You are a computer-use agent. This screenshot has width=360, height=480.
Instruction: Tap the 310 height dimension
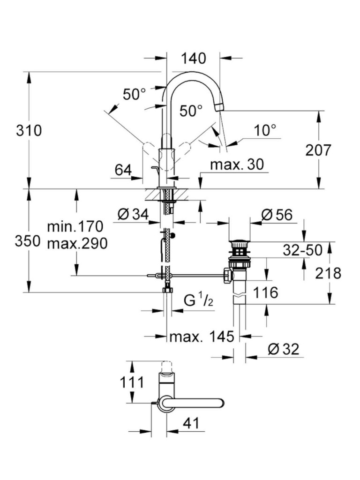[x=29, y=130]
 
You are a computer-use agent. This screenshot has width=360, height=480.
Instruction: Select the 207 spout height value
[x=318, y=150]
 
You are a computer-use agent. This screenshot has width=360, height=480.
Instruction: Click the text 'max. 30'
[x=237, y=164]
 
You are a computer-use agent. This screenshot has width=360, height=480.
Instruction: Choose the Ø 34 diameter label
[x=133, y=215]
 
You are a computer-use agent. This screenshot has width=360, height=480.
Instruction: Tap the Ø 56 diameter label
[x=277, y=215]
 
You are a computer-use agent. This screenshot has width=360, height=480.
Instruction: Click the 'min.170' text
[x=75, y=227]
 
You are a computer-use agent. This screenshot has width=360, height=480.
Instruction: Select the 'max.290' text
[x=77, y=243]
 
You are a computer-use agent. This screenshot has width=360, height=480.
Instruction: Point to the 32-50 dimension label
[x=303, y=250]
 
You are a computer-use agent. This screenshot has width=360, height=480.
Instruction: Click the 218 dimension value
[x=328, y=273]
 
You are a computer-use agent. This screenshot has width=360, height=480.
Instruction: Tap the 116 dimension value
[x=265, y=293]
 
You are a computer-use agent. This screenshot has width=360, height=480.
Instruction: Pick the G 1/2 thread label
[x=198, y=300]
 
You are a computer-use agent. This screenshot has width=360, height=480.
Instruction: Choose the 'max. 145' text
[x=202, y=337]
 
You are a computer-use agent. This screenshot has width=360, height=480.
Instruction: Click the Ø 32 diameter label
[x=283, y=349]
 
